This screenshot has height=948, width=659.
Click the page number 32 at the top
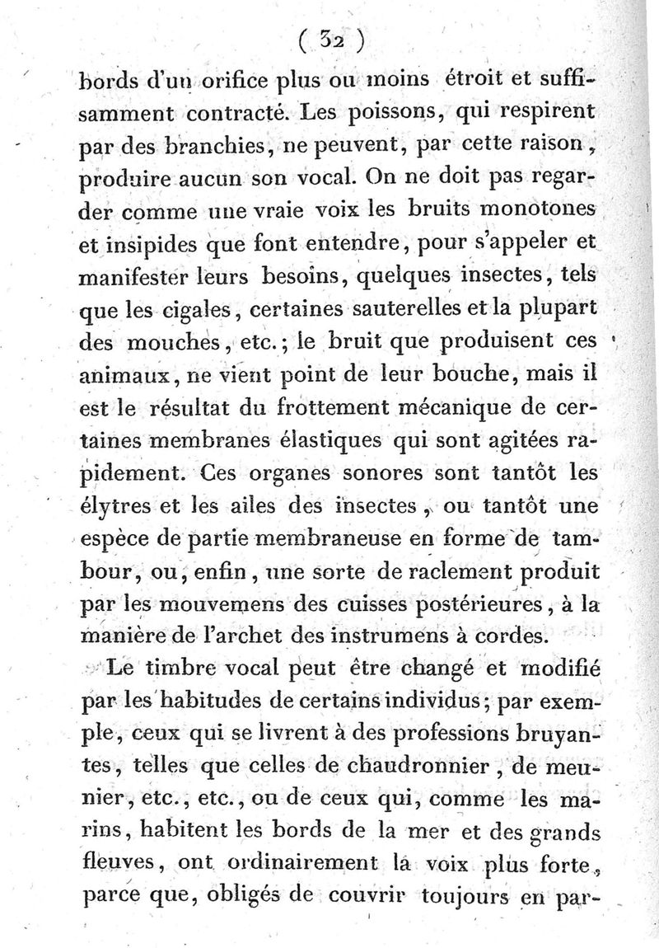334,40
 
